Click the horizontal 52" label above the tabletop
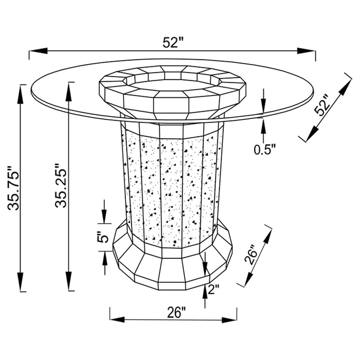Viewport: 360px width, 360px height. coord(174,43)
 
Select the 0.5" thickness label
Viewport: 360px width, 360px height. coord(264,150)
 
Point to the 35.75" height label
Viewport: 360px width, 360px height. coord(13,188)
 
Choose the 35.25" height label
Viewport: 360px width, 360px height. coord(60,186)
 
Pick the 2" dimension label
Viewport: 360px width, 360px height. coord(213,289)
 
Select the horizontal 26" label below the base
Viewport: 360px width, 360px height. coord(176,313)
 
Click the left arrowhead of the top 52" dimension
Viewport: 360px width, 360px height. coord(39,51)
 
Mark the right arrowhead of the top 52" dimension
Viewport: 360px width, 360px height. coord(306,51)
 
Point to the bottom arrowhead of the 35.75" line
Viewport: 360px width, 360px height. coord(21,282)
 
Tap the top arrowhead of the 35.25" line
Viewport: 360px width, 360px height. coord(68,92)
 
